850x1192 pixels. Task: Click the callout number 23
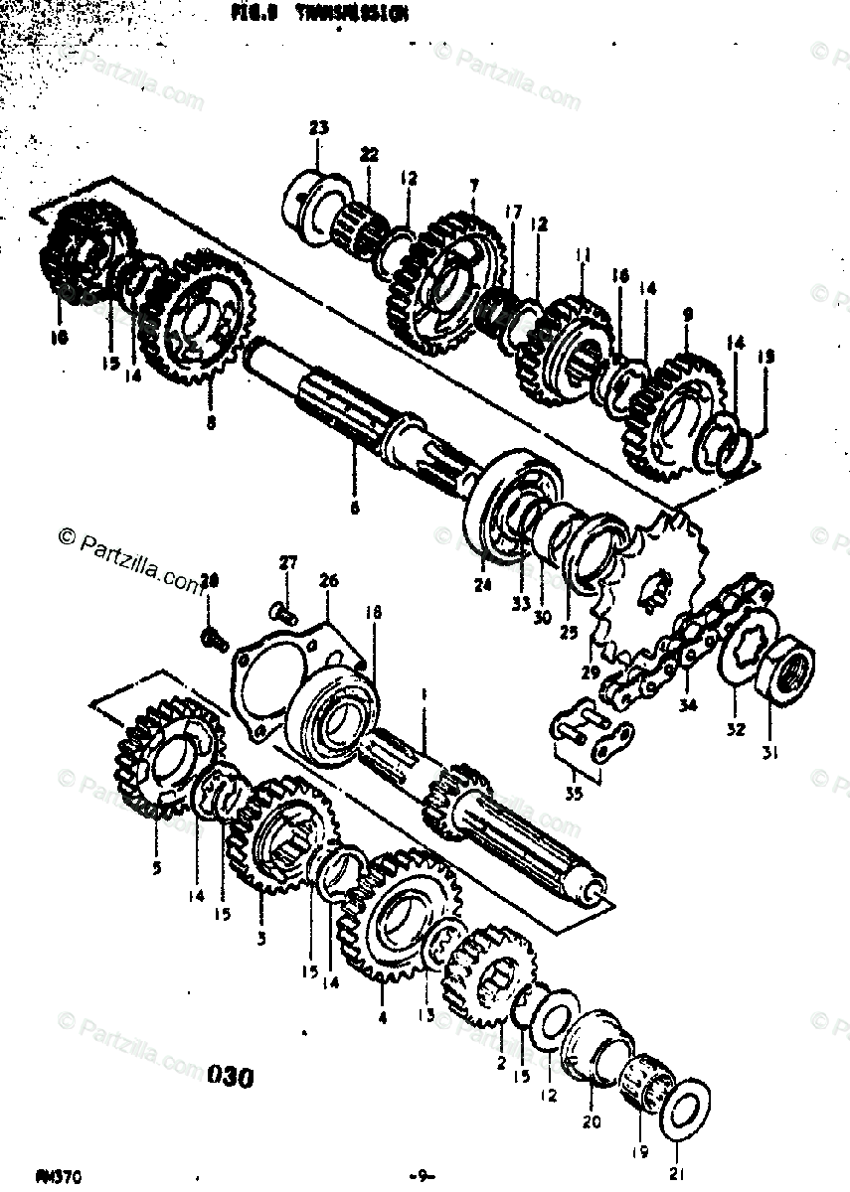click(x=318, y=127)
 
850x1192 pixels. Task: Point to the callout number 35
click(x=574, y=793)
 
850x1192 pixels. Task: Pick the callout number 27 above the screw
click(x=287, y=563)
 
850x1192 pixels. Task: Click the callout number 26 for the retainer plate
click(x=328, y=580)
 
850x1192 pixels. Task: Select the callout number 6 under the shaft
click(x=354, y=509)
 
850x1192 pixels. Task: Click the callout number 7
click(x=472, y=186)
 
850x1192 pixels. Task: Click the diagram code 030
click(x=232, y=1076)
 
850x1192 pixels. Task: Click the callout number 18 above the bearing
click(x=373, y=614)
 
